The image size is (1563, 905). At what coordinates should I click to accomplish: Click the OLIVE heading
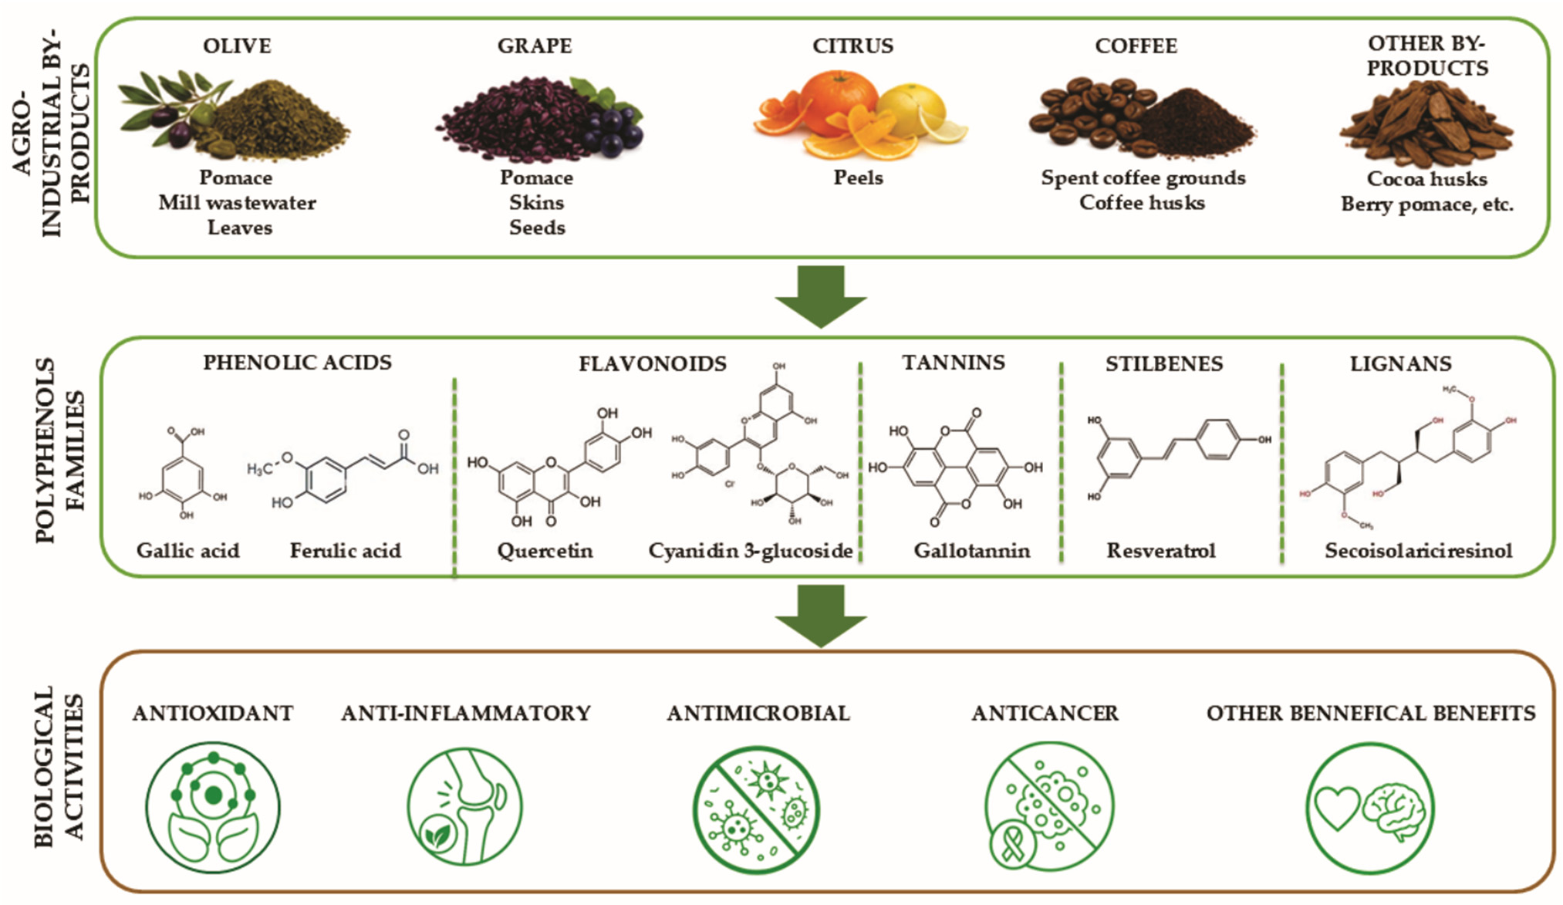click(x=237, y=46)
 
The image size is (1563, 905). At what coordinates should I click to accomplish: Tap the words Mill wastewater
click(x=238, y=203)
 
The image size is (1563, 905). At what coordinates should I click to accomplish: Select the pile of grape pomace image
click(x=539, y=117)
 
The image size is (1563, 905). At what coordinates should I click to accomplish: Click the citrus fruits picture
click(x=859, y=114)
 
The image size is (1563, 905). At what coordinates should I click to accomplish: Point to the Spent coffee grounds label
click(x=1143, y=178)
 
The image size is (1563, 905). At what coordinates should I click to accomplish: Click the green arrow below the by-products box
click(x=821, y=296)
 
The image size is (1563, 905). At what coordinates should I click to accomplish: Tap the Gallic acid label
click(x=188, y=551)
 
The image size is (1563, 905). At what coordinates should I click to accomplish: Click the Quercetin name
click(x=545, y=551)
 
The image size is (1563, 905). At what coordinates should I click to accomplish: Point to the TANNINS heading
click(x=954, y=363)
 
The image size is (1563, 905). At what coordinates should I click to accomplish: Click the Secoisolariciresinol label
click(x=1419, y=551)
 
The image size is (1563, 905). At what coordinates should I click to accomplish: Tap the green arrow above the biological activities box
click(x=821, y=616)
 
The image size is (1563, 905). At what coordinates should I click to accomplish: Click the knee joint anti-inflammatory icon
click(x=464, y=806)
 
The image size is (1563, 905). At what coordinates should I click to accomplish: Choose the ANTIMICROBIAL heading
click(x=758, y=714)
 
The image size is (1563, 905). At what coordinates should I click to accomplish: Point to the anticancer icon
click(x=1049, y=807)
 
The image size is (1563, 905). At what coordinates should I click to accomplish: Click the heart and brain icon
click(x=1370, y=808)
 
